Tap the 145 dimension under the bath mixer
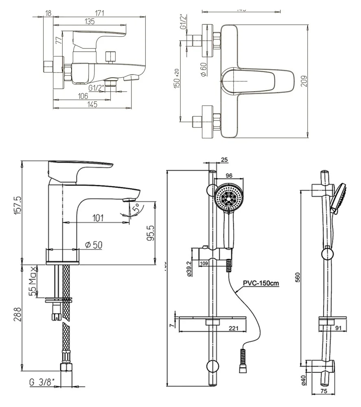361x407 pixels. [x=92, y=105]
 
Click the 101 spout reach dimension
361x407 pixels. [x=98, y=217]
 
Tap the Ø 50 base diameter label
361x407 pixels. [x=93, y=245]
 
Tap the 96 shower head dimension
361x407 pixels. [x=228, y=176]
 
